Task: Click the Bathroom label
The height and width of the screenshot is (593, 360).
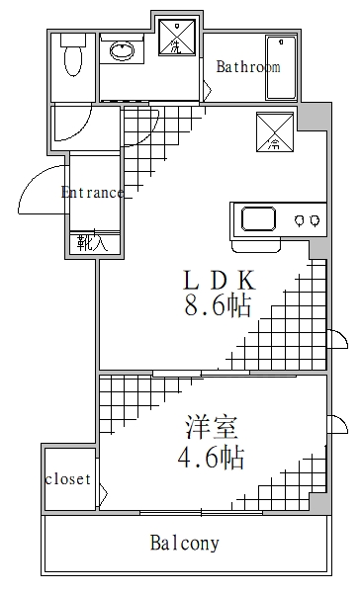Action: point(248,67)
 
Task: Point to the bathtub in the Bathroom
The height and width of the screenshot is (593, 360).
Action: point(281,67)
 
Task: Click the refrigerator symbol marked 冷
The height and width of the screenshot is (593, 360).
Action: point(274,132)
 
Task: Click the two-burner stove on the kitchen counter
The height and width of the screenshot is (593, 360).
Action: point(308,218)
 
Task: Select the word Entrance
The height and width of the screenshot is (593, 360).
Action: point(92,192)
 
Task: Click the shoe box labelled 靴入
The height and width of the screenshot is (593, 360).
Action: point(95,242)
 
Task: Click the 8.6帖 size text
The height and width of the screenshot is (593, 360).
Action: point(217,305)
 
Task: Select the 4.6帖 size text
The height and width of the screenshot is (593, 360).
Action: point(211,458)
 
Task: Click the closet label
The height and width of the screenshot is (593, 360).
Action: point(68,479)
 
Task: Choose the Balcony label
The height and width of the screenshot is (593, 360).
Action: point(184,543)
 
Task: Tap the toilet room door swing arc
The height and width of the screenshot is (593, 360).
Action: point(72,125)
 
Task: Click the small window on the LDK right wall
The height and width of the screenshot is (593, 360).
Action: point(338,340)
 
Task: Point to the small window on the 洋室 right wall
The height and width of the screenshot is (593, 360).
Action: point(339,426)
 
